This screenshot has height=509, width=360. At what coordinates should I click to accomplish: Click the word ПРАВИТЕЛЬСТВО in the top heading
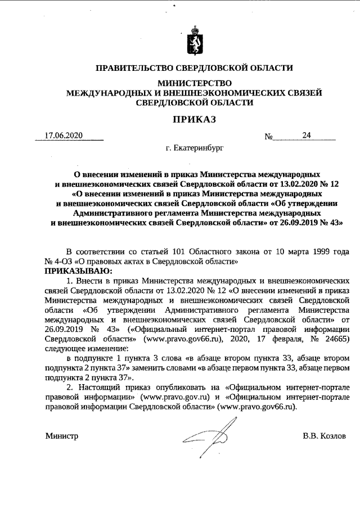tap(131, 68)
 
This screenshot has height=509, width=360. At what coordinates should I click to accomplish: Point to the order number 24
tap(307, 136)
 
